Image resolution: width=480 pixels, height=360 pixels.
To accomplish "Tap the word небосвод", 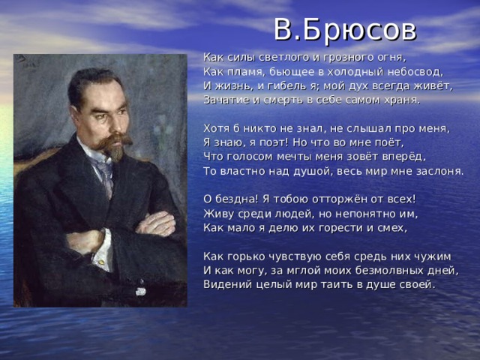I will pyautogui.click(x=415, y=71).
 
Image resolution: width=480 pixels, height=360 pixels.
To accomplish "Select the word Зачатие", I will pyautogui.click(x=226, y=100).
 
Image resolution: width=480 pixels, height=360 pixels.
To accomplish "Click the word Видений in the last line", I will pyautogui.click(x=226, y=285).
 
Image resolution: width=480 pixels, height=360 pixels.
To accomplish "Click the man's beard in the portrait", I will pyautogui.click(x=115, y=151).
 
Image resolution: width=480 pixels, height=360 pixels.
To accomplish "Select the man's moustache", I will pyautogui.click(x=112, y=138).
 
